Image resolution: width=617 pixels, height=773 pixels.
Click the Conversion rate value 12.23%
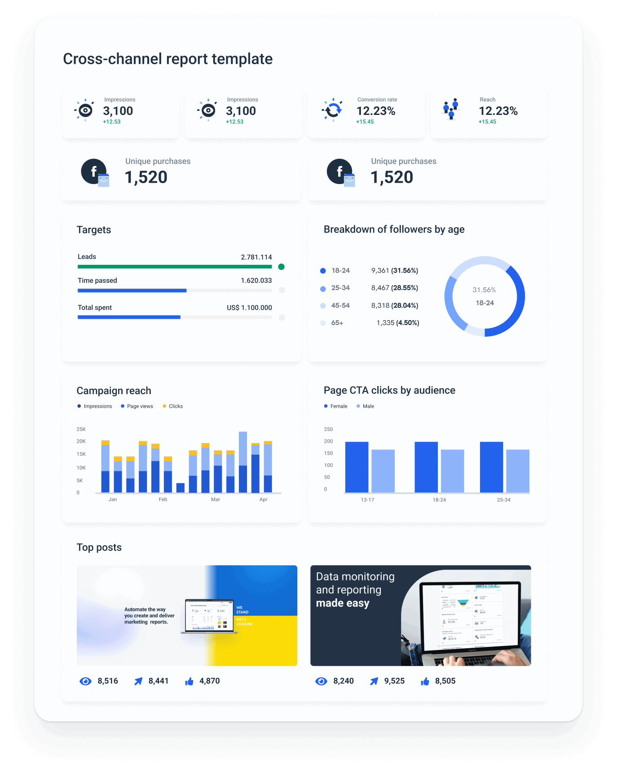tap(376, 111)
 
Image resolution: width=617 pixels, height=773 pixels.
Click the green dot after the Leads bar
tap(282, 267)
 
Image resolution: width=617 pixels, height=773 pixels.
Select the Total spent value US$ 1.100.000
tap(249, 307)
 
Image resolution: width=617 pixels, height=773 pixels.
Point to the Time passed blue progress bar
tap(132, 290)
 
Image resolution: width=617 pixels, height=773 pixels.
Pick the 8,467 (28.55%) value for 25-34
tap(394, 288)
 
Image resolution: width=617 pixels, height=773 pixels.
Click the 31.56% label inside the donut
tap(484, 290)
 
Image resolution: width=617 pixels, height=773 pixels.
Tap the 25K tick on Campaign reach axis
tap(81, 429)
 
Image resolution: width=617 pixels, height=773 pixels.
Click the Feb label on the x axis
tap(163, 499)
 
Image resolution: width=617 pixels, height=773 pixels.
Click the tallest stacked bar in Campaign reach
tap(243, 462)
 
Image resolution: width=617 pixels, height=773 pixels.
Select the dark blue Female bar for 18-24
tap(426, 467)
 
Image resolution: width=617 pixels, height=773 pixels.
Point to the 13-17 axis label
tap(367, 500)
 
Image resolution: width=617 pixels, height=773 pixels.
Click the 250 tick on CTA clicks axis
tap(328, 429)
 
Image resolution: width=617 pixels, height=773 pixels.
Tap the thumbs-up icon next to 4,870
tap(189, 681)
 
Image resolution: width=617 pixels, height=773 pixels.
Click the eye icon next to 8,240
tap(321, 681)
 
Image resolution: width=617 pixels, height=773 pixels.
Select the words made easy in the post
tap(343, 603)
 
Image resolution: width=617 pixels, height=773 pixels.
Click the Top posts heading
tap(99, 547)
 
